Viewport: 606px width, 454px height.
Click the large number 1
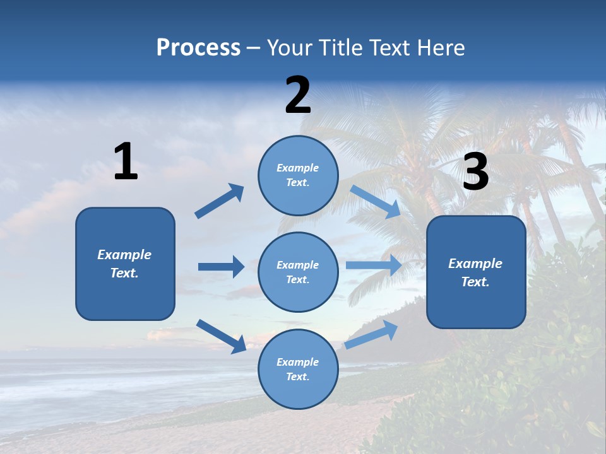click(126, 162)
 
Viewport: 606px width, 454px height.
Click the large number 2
click(298, 96)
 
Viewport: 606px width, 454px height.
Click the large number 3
click(475, 173)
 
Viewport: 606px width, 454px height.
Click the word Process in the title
click(198, 47)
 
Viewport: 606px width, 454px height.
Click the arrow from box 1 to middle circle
click(221, 267)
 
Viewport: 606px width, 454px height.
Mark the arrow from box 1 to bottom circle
click(221, 336)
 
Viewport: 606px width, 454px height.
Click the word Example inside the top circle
click(298, 168)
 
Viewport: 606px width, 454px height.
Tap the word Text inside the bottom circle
click(297, 376)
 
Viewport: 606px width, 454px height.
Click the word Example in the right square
click(475, 264)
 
